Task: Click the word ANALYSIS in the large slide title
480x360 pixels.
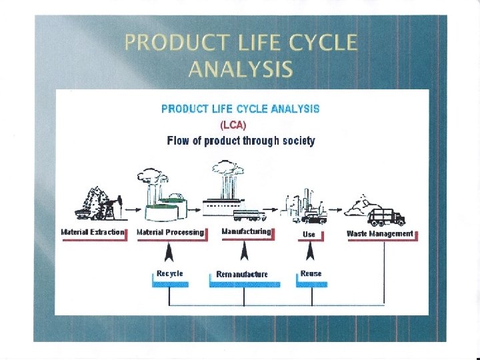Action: tap(240, 69)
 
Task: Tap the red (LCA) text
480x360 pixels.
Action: tap(233, 125)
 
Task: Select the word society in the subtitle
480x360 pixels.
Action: tap(297, 141)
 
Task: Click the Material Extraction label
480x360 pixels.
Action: tap(93, 232)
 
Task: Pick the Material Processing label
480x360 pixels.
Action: tap(170, 232)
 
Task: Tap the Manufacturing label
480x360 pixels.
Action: tap(246, 231)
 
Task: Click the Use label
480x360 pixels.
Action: tap(309, 234)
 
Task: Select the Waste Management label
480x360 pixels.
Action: tap(380, 233)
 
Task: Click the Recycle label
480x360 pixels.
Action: tap(169, 273)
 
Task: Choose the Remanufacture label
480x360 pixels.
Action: tap(242, 274)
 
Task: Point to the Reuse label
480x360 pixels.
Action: tap(311, 273)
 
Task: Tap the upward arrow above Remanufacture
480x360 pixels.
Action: tap(245, 252)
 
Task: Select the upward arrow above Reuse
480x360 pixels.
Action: tap(310, 252)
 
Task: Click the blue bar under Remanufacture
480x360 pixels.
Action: tap(245, 283)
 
